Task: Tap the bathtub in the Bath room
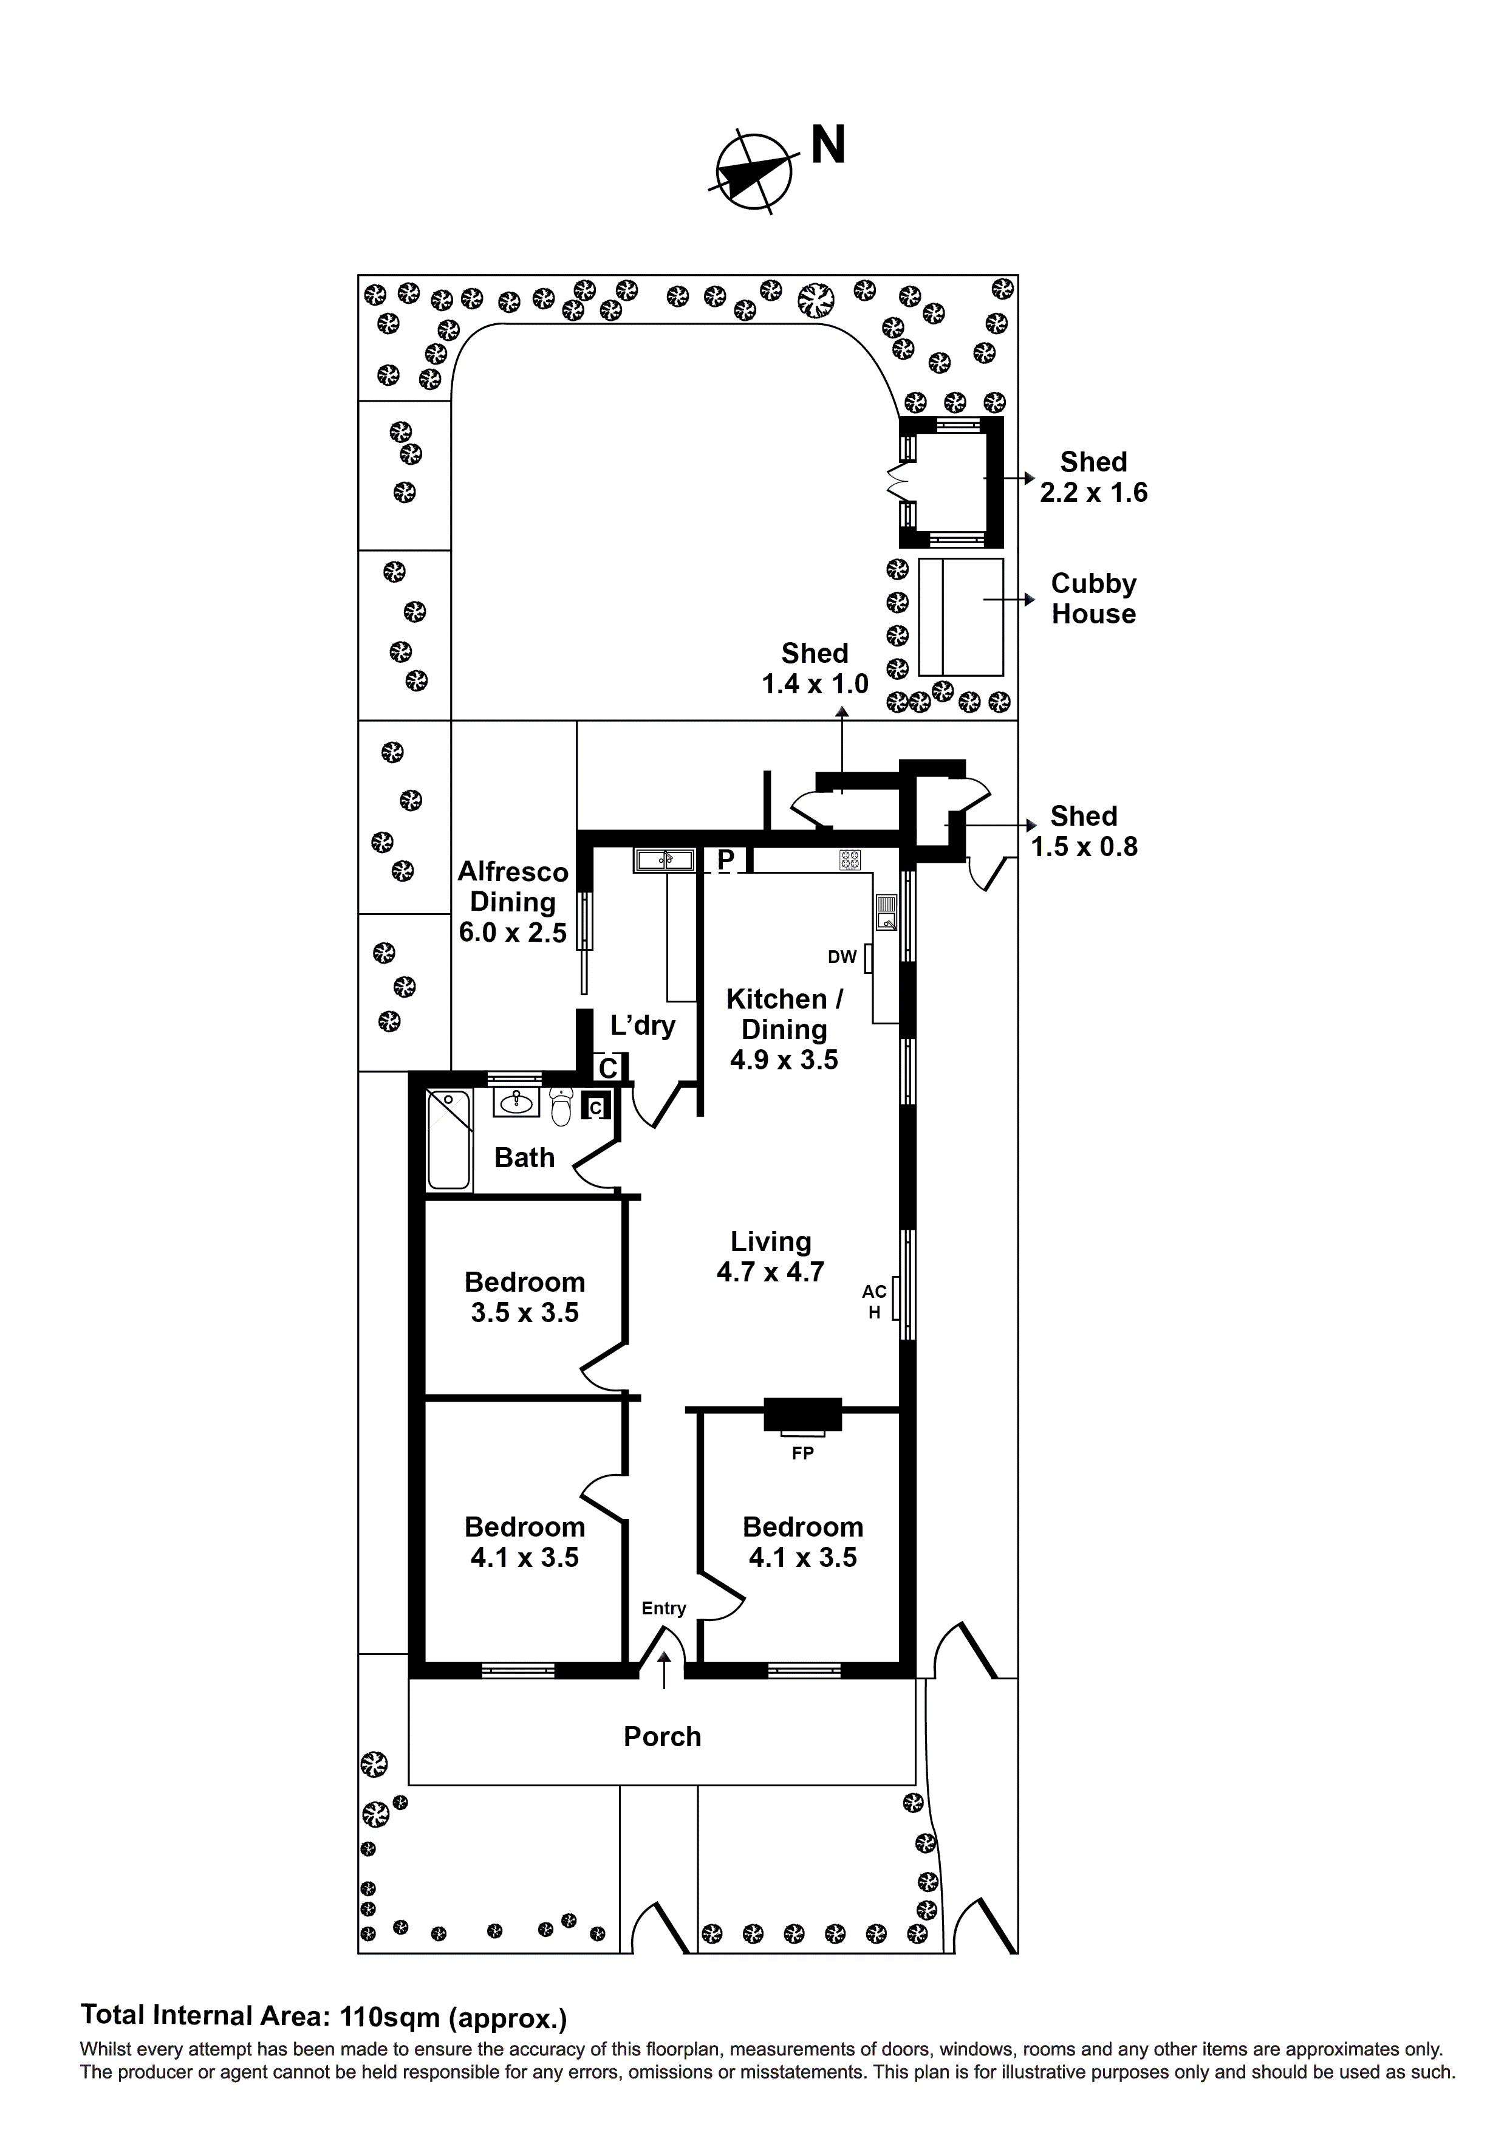tap(448, 1141)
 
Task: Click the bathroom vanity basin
tap(517, 1103)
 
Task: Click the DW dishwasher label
tap(842, 958)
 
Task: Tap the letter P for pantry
tap(726, 861)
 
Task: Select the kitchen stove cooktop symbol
tap(850, 860)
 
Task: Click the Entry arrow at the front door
tap(664, 1670)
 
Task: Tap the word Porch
tap(662, 1736)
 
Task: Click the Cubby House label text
tap(1093, 599)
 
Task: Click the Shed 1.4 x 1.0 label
tap(815, 668)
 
